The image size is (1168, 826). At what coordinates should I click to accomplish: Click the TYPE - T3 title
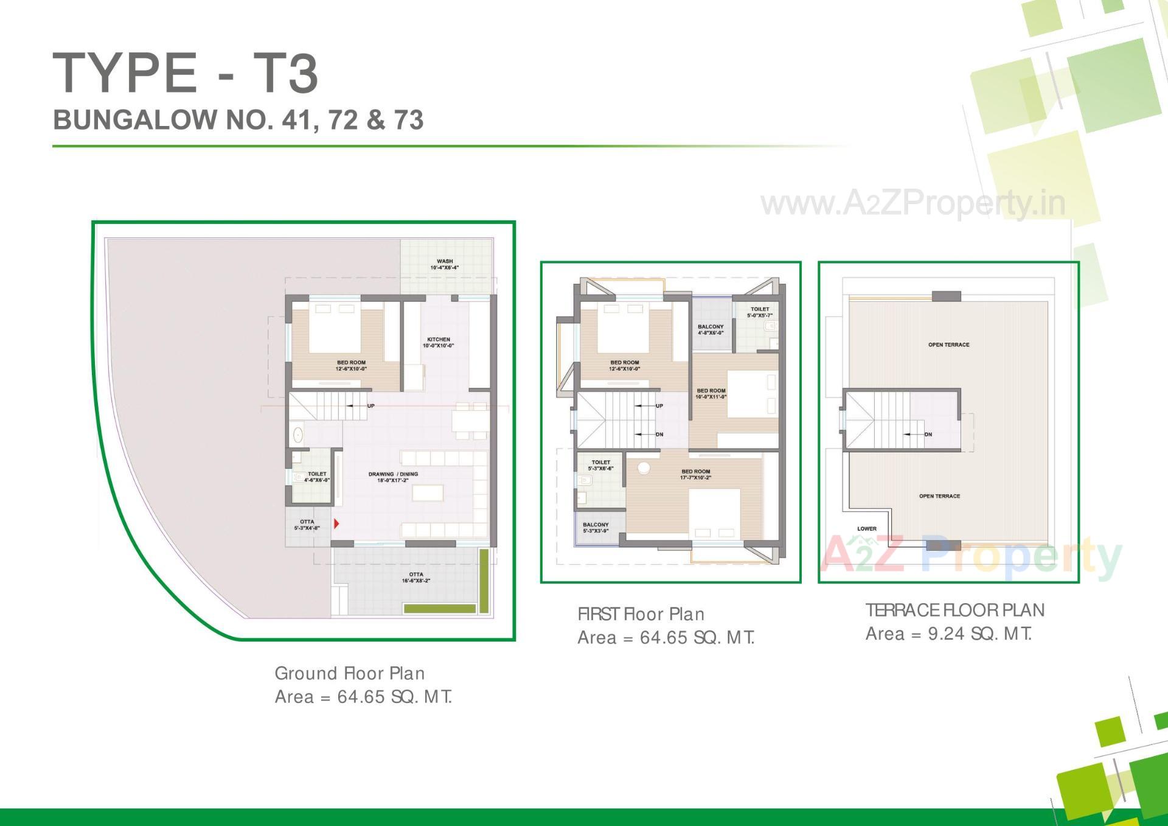(x=186, y=73)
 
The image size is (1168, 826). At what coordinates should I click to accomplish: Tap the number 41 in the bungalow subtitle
(x=296, y=120)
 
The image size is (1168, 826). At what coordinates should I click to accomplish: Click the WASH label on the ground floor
(x=445, y=264)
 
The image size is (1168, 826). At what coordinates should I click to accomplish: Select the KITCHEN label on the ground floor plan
(x=438, y=343)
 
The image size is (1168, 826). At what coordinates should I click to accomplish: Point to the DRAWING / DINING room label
(x=393, y=477)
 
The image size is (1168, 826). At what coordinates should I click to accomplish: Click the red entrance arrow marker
(x=336, y=523)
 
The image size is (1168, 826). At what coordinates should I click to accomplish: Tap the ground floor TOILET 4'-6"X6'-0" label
(x=317, y=477)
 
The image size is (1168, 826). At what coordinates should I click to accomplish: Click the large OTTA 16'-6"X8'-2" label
(x=416, y=577)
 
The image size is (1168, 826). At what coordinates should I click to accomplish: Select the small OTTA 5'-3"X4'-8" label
(x=307, y=525)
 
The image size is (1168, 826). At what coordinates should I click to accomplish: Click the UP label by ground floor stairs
(x=371, y=405)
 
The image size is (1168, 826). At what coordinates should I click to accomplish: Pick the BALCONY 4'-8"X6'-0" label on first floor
(x=711, y=329)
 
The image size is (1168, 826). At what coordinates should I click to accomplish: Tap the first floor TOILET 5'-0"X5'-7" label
(x=760, y=312)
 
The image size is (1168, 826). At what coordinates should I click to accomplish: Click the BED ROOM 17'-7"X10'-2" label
(x=696, y=474)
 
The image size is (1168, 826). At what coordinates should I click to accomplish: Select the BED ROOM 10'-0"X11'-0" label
(x=711, y=394)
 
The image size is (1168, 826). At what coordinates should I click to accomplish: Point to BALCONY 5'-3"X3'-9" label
(x=596, y=527)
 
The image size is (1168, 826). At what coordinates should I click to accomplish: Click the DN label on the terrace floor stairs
(x=928, y=435)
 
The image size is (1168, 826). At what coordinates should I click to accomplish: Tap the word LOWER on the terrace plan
(x=867, y=528)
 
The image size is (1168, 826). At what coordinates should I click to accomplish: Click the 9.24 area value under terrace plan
(x=946, y=634)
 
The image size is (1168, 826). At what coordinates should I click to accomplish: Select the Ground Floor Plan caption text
(x=350, y=673)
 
